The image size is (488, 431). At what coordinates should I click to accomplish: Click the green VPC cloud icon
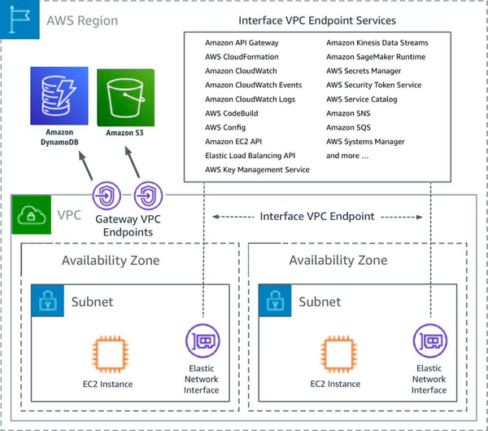coord(29,217)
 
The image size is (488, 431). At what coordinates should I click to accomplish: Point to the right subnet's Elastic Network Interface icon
coord(428,341)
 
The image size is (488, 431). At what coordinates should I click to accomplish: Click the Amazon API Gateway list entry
coord(242,42)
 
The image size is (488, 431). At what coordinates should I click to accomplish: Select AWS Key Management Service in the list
coord(257,169)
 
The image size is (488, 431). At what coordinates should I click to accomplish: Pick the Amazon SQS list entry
coord(349,127)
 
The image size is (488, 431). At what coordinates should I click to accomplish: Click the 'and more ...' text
coord(347,156)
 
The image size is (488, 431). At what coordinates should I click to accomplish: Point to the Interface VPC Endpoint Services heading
coord(317,20)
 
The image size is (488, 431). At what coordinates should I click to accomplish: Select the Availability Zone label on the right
coord(338,261)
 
